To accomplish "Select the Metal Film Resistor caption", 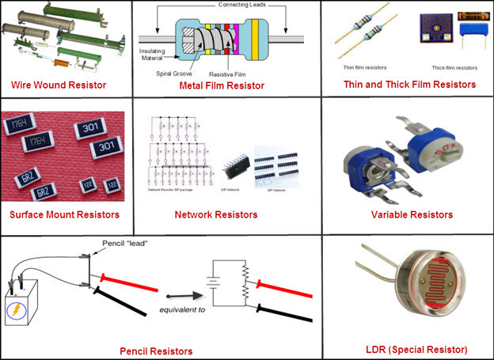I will point(222,85).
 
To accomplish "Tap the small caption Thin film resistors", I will point(363,67).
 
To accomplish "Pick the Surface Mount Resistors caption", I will point(64,214).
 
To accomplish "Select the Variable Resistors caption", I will point(412,214).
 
